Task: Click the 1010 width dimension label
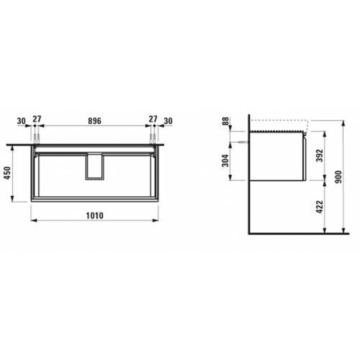point(95,215)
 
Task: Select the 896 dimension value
point(95,121)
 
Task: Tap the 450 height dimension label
point(8,173)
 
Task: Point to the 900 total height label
point(339,177)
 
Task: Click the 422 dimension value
point(319,207)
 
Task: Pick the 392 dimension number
point(319,156)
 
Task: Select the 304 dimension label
point(226,160)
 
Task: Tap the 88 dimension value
point(226,121)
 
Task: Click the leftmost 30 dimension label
point(21,121)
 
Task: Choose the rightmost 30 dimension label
point(168,121)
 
